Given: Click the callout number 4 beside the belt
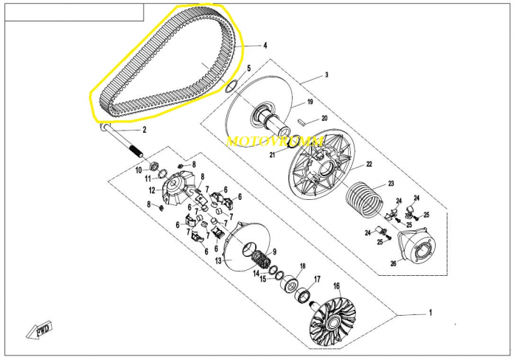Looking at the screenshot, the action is click(x=265, y=45).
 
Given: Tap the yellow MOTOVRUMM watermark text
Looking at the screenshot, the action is click(x=275, y=141).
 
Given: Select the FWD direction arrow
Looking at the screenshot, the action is click(x=39, y=329).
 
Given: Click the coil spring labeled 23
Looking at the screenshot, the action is click(x=363, y=201).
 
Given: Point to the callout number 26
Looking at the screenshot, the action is click(x=394, y=264).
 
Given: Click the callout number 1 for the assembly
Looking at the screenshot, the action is click(x=430, y=313).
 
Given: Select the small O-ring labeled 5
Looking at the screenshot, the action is click(x=231, y=86).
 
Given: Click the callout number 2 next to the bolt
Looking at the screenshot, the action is click(x=144, y=130).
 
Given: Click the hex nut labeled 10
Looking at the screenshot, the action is click(x=153, y=165).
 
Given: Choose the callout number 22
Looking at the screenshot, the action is click(x=369, y=164).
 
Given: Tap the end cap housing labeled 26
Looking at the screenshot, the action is click(x=417, y=246).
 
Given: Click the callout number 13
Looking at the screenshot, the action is click(x=218, y=261).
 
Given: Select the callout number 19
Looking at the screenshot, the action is click(x=310, y=102).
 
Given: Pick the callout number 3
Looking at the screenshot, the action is click(x=327, y=75).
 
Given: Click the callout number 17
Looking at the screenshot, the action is click(x=317, y=280).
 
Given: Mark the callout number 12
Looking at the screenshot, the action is click(x=152, y=190).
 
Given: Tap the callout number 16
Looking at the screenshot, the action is click(x=336, y=285).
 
